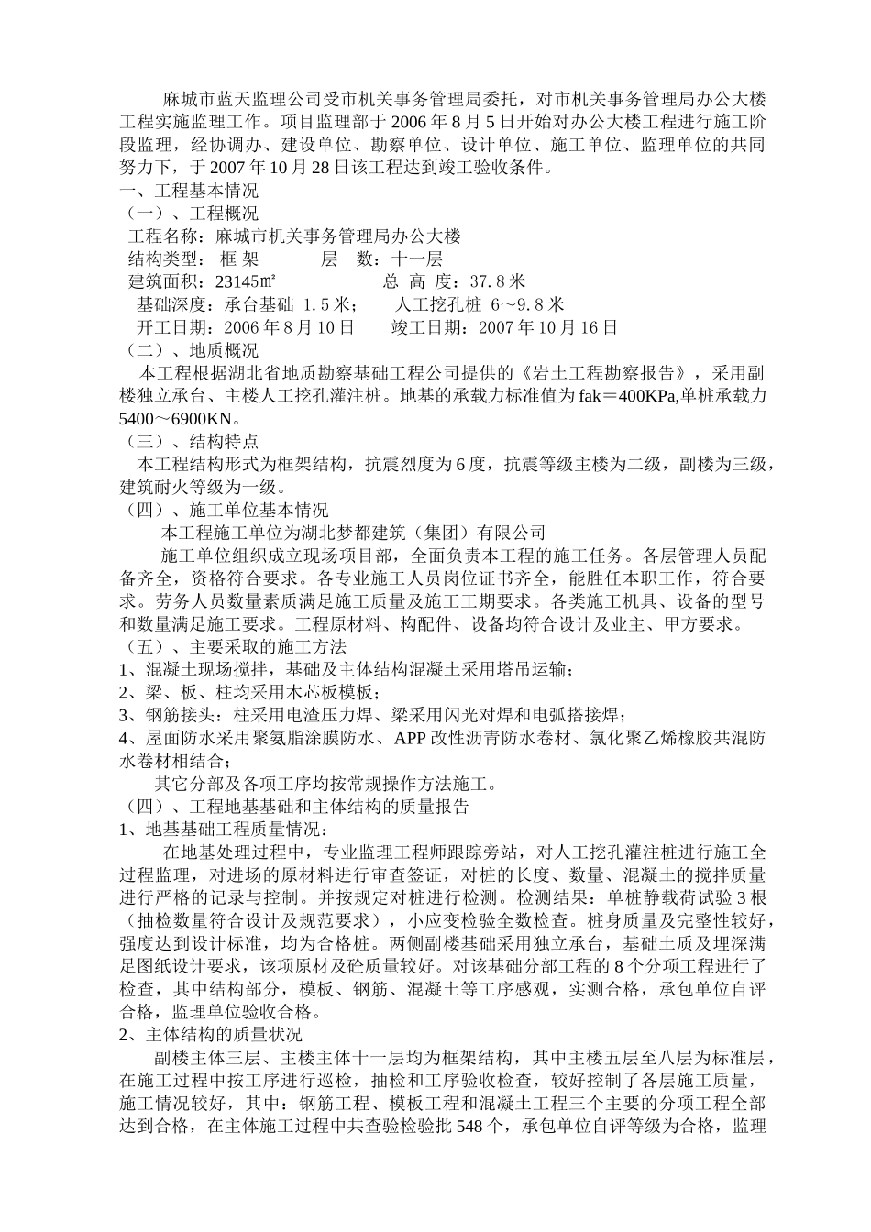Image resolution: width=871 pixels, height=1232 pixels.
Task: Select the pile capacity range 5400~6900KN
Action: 173,419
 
